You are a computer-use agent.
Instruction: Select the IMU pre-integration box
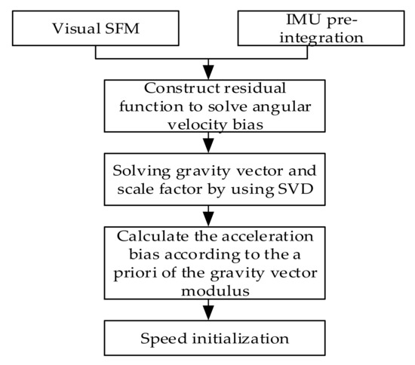pyautogui.click(x=318, y=31)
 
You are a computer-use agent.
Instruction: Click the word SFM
pyautogui.click(x=122, y=31)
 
